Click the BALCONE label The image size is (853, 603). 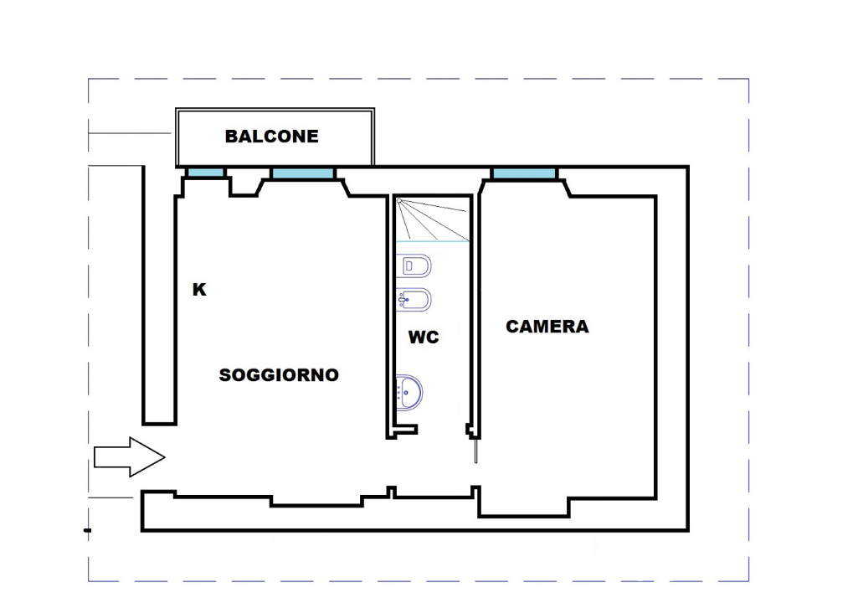tap(272, 137)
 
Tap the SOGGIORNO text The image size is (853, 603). tap(279, 375)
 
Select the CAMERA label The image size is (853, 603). tap(547, 327)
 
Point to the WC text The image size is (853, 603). tap(424, 338)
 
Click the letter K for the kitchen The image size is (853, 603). tap(199, 290)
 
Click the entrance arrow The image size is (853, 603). tap(128, 457)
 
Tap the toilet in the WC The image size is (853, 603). tap(415, 266)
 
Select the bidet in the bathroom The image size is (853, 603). tap(415, 300)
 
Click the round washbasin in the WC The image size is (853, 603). tap(409, 391)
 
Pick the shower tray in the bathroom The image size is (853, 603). tap(432, 219)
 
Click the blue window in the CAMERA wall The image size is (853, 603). tap(524, 173)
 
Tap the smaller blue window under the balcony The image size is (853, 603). tap(205, 173)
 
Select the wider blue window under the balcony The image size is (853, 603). tap(302, 173)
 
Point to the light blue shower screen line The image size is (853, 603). tap(432, 241)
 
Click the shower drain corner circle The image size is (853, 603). tap(399, 202)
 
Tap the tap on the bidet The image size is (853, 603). tap(403, 300)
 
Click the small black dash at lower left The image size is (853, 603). tap(87, 529)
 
